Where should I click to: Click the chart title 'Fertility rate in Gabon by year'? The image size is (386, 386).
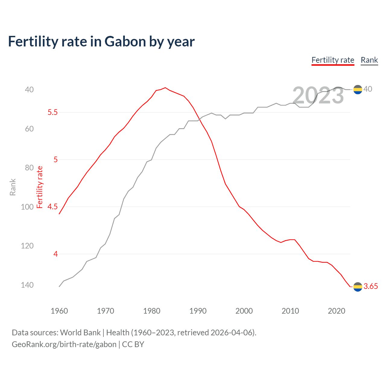(x=101, y=42)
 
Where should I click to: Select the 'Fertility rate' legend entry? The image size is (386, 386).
(x=333, y=60)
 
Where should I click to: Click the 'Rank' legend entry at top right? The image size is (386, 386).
(x=369, y=60)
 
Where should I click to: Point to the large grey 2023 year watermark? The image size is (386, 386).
(x=318, y=95)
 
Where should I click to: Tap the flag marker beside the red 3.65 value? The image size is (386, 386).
(x=358, y=287)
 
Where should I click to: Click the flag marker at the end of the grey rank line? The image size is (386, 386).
(x=358, y=90)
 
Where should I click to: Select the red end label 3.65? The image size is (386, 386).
(x=371, y=286)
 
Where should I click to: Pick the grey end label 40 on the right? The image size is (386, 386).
(x=368, y=89)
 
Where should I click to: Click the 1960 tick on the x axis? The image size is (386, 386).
(x=59, y=311)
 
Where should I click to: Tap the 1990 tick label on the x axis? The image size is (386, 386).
(x=198, y=311)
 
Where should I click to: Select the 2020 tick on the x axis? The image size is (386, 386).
(x=336, y=311)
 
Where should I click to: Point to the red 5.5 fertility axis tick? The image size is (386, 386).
(x=52, y=112)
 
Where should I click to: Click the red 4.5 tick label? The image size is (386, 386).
(x=52, y=207)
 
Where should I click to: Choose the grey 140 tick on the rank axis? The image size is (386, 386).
(x=27, y=285)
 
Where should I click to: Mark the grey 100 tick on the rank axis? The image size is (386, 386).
(x=27, y=207)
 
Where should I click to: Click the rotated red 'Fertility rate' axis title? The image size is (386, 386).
(x=40, y=187)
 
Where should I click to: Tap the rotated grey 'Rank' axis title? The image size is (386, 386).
(x=13, y=187)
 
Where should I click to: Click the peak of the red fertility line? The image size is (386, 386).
(x=165, y=88)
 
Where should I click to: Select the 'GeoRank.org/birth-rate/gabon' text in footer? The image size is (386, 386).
(x=64, y=344)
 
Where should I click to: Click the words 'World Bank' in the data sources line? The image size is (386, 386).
(x=80, y=333)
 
